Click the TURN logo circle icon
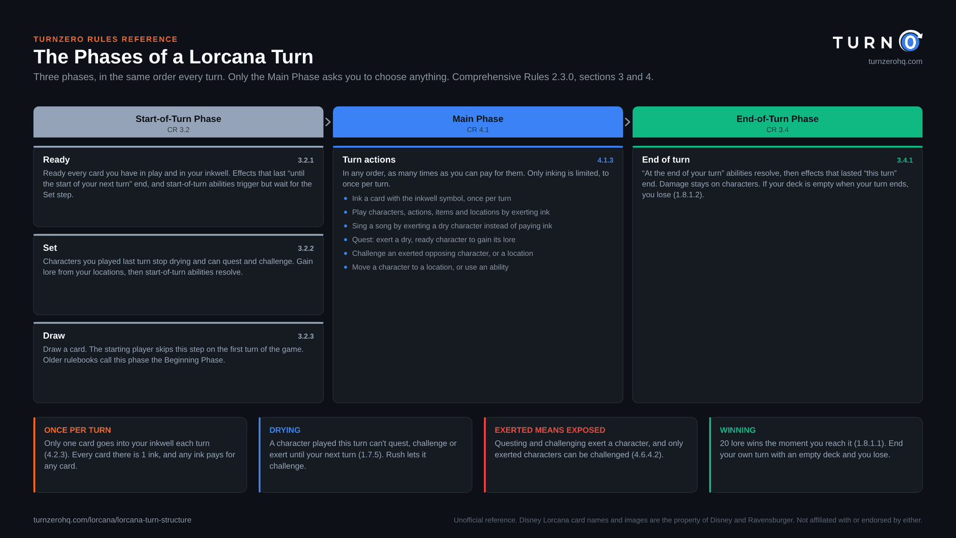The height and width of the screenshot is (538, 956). coord(911,41)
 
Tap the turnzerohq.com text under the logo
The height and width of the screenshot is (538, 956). coord(895,62)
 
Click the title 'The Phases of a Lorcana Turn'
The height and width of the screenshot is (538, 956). coord(173,57)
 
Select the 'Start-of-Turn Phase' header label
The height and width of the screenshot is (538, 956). coord(179,119)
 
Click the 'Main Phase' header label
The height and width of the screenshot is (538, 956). coord(477,119)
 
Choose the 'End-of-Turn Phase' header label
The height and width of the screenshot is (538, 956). coord(777,119)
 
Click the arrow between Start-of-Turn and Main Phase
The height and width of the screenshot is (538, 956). coord(328,122)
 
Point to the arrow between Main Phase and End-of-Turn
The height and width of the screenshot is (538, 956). coord(627,122)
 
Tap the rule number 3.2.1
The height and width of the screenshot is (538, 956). coord(305,160)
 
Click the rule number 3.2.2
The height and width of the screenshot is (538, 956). coord(305,249)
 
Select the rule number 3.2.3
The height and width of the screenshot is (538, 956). coord(305,337)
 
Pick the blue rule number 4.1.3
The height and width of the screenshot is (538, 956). coord(605,160)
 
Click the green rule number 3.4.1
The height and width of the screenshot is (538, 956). coord(905,160)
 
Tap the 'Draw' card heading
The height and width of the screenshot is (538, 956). coord(54,335)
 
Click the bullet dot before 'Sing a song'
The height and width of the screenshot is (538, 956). coord(345,226)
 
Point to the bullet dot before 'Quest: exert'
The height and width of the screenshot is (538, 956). coord(345,240)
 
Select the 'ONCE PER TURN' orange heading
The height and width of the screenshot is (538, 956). coord(77,430)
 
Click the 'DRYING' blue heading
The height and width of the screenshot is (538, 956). coord(284,430)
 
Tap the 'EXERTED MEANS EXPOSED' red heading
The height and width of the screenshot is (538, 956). coord(550,430)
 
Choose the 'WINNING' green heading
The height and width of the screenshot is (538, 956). coord(737,430)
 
